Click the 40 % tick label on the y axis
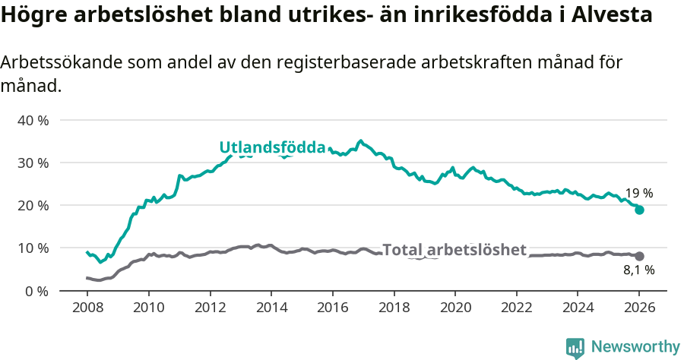[33, 120]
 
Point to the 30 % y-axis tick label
[33, 163]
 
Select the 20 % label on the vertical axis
[33, 205]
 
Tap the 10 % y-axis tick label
[33, 248]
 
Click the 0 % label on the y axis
[36, 290]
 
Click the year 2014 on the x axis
[271, 308]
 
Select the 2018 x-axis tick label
[394, 308]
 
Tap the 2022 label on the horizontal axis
[516, 308]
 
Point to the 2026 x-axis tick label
[639, 308]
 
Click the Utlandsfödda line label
[272, 147]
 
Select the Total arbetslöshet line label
[454, 250]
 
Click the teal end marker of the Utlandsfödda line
[639, 210]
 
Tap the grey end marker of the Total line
[639, 257]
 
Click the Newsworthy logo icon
[575, 347]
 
